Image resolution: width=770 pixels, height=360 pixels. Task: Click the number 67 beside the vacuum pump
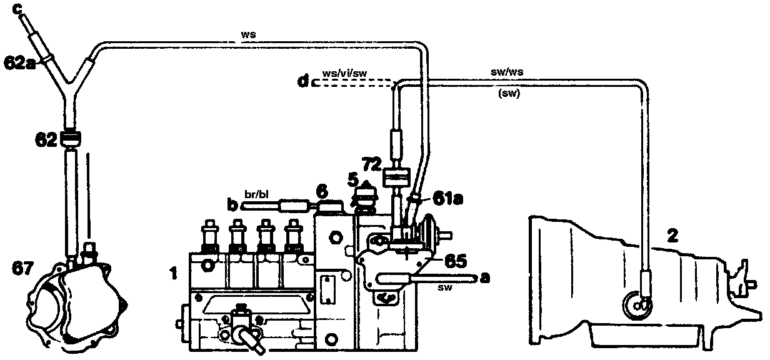[x=23, y=268]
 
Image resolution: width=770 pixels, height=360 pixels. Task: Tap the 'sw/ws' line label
[x=507, y=72]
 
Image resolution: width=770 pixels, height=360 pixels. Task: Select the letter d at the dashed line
[x=303, y=82]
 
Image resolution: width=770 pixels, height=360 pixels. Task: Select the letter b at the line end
[x=231, y=204]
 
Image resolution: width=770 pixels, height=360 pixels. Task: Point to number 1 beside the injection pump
[x=176, y=272]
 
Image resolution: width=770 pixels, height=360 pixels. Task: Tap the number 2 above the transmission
[x=671, y=236]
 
